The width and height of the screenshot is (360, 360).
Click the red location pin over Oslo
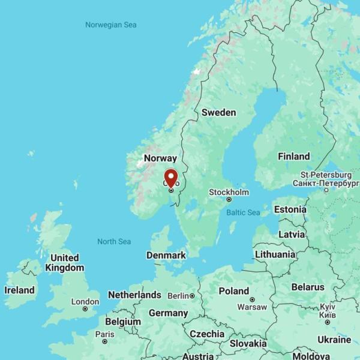coord(171,178)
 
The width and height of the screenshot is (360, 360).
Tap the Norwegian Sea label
coord(111,25)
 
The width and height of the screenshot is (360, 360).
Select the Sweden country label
coord(218,112)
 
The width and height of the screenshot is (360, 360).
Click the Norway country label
coord(160,158)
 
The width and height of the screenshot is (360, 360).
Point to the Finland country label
coord(293,157)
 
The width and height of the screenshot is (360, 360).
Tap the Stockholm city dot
coord(229,200)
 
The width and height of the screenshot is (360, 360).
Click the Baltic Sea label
coord(243,212)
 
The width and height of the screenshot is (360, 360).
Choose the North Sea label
coord(114,241)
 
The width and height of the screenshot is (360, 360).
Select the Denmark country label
coord(166,255)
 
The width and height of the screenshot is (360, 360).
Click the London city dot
coord(85,309)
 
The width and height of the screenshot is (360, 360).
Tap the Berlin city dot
coord(192,296)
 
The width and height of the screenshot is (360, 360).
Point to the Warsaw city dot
coord(252,299)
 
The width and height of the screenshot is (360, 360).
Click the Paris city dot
coord(104,341)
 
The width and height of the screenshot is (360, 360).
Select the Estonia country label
coord(290,210)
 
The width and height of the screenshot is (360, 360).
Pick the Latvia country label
coord(292,234)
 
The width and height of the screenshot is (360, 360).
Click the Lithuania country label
coord(275,254)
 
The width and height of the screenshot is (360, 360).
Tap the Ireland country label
coord(19,290)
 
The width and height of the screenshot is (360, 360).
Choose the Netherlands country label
coord(134,295)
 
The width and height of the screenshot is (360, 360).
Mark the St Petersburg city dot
coord(326,190)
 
